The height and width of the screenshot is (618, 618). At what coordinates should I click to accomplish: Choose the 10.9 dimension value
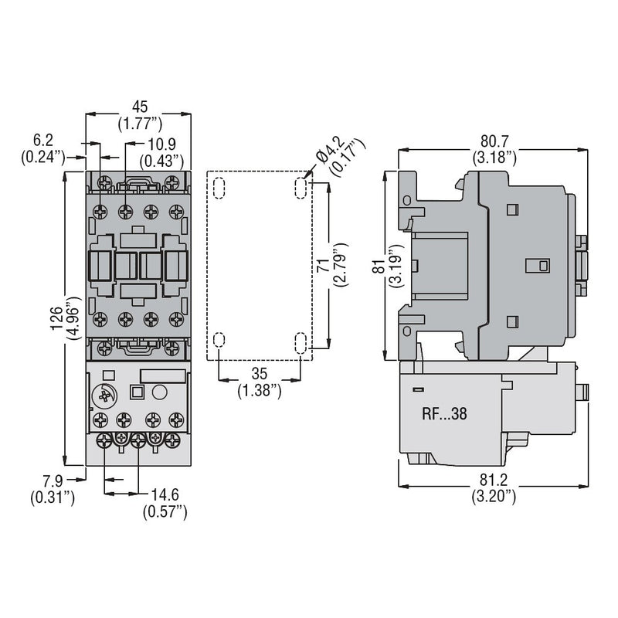pyautogui.click(x=161, y=144)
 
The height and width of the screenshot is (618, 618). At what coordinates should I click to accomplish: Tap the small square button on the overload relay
pyautogui.click(x=138, y=392)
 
